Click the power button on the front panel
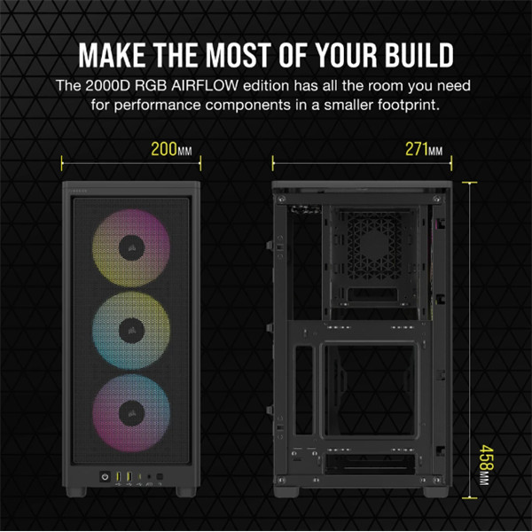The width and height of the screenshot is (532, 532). click(105, 477)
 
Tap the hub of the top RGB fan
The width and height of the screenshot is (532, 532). click(131, 247)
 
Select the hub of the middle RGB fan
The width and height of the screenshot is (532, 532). click(131, 330)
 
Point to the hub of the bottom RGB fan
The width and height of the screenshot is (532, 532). click(131, 413)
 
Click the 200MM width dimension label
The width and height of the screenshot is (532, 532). click(171, 149)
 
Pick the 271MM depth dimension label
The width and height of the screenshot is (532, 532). click(424, 149)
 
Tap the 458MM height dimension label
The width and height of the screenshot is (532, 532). click(486, 465)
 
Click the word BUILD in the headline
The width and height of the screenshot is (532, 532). click(419, 55)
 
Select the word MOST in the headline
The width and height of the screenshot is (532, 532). click(239, 55)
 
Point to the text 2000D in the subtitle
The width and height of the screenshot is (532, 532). click(107, 85)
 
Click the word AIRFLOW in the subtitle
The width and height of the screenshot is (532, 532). click(205, 85)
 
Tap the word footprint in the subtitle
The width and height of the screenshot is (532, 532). click(409, 105)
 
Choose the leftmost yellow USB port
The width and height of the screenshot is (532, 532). click(119, 476)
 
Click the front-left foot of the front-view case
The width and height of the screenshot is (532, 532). click(76, 492)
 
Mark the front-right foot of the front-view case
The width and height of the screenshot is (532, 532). click(186, 492)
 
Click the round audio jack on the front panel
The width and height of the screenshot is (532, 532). click(149, 477)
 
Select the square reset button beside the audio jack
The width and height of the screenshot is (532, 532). click(160, 477)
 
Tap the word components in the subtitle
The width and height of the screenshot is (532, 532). click(247, 106)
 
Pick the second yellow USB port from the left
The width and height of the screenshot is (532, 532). click(129, 476)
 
